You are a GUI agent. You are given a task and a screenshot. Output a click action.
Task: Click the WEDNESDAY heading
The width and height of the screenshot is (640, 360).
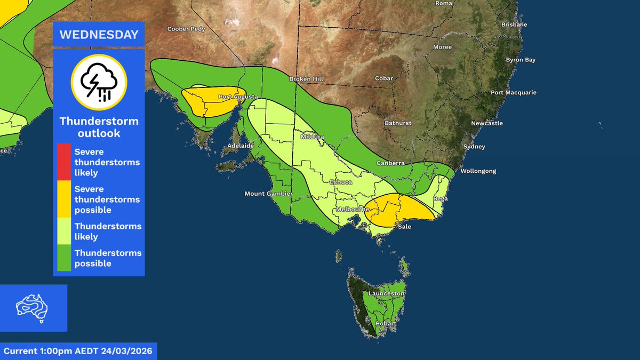99,35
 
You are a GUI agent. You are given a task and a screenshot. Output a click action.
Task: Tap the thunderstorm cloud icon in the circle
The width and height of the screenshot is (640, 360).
99,81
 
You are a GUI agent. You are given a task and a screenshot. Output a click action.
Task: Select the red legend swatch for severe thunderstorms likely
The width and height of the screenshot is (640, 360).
64,160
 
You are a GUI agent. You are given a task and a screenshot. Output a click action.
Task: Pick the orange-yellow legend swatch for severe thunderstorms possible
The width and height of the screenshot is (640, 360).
64,199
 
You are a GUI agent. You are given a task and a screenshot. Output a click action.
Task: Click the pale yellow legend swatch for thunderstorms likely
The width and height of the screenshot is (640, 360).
64,231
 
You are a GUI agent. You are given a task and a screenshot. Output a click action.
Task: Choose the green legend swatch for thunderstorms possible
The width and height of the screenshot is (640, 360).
64,258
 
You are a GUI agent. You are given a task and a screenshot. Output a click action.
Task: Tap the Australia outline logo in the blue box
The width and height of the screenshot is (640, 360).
34,308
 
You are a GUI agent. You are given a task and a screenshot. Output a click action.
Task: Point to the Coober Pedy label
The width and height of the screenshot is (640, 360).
186,29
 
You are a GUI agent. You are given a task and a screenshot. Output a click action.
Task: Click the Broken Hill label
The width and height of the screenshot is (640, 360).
306,79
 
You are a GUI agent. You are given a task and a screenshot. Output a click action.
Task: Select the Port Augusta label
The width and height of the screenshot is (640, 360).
238,97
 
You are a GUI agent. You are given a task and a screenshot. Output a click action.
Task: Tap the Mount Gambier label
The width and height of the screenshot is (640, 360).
266,193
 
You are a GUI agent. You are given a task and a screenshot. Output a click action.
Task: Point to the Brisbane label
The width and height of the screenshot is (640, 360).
515,25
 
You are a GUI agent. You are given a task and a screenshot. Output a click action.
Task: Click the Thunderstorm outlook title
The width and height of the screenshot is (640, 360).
99,127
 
